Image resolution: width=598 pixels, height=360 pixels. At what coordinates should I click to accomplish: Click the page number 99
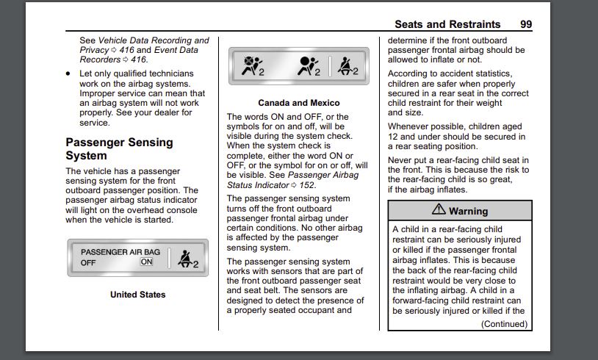pos(526,24)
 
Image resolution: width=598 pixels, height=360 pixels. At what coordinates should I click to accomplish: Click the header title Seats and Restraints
pos(447,24)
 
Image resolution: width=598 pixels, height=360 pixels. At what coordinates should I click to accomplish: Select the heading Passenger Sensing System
pos(119,148)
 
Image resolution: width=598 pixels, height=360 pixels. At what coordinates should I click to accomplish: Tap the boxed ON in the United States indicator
pos(146,262)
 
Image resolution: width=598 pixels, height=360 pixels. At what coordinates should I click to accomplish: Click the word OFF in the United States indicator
pos(88,263)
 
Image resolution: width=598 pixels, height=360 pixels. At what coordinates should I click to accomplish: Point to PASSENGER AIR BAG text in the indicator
pos(120,252)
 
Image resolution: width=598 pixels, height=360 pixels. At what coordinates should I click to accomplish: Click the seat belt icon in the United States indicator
pos(187,259)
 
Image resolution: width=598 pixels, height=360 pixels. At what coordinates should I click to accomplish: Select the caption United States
pos(137,295)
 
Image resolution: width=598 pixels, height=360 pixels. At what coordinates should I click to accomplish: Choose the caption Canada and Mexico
pos(298,103)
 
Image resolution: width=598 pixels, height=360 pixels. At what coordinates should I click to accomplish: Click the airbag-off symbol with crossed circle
pos(253,65)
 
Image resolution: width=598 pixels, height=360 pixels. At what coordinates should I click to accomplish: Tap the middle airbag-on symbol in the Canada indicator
pos(309,66)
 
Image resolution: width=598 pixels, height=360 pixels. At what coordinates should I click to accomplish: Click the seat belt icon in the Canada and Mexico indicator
pos(347,66)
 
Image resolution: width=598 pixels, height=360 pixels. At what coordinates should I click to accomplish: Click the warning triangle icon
pos(439,209)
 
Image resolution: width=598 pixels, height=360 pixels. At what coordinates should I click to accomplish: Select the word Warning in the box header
pos(468,211)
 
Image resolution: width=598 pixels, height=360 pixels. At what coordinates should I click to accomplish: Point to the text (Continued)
pos(504,324)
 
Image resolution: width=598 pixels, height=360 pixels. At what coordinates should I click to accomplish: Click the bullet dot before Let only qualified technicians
pos(68,73)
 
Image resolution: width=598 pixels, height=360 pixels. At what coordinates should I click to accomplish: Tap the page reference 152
pos(306,185)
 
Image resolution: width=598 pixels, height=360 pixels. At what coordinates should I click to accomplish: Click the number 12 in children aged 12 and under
pos(393,137)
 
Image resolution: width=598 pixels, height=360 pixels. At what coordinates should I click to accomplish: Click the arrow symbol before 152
pos(294,185)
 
